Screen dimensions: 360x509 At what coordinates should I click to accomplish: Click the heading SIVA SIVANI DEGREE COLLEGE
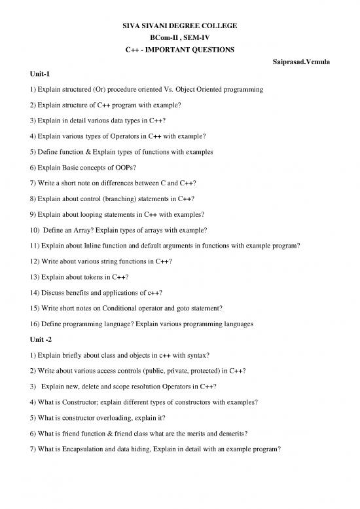coord(179,26)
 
